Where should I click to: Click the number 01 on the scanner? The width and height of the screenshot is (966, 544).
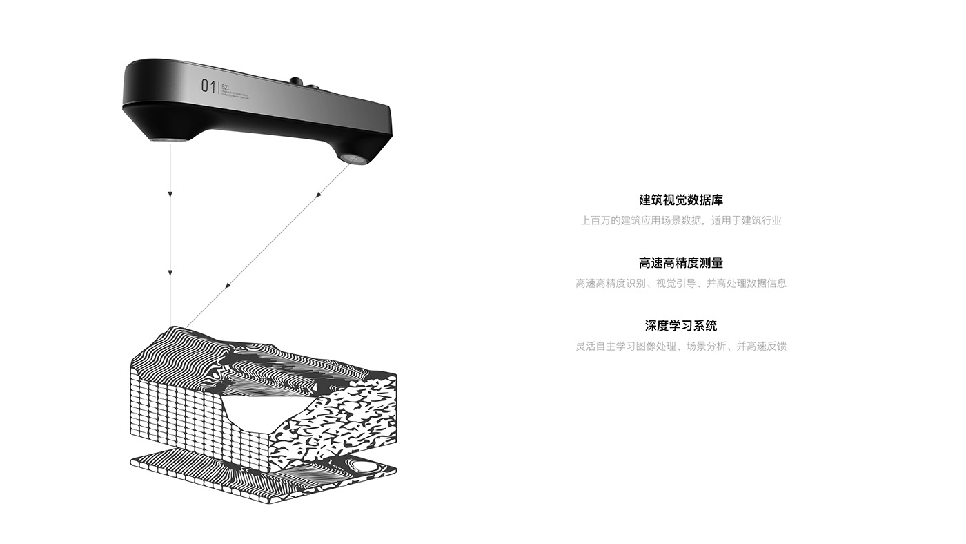(x=207, y=86)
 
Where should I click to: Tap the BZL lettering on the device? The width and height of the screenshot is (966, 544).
(x=226, y=86)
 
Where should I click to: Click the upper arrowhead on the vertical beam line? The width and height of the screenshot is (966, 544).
(x=170, y=195)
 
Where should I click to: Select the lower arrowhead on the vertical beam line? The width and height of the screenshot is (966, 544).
(x=170, y=275)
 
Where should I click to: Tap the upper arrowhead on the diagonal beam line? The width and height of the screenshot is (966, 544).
(x=319, y=195)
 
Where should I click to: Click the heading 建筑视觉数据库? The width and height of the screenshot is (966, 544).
(x=680, y=200)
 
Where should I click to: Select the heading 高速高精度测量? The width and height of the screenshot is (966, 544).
(x=680, y=263)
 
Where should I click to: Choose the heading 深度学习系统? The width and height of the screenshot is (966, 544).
(x=680, y=326)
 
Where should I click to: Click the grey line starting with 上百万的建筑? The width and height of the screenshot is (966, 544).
(x=680, y=221)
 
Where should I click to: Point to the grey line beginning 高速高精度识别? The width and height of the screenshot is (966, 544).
(x=680, y=283)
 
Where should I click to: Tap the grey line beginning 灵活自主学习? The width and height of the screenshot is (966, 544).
(x=680, y=346)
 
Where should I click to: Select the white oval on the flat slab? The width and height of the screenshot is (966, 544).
(x=364, y=468)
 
